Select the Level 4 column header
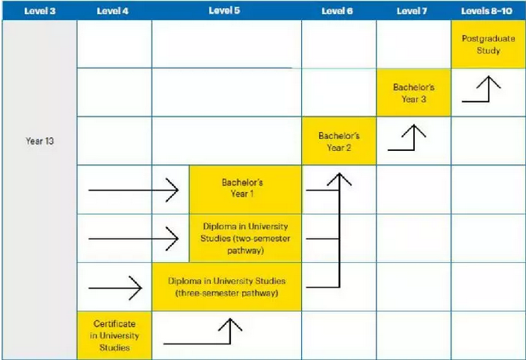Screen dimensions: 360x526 click(113, 11)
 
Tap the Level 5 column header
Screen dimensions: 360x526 click(226, 11)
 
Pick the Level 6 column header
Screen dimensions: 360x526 click(338, 11)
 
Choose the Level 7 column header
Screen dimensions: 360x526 click(413, 11)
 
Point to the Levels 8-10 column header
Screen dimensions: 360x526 click(488, 11)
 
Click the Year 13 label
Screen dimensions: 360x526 click(39, 142)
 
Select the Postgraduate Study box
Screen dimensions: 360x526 click(488, 44)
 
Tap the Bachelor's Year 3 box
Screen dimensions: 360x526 click(413, 93)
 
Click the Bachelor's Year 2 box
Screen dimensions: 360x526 click(338, 141)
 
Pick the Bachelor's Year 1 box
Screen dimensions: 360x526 click(244, 189)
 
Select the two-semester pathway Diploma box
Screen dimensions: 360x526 click(244, 237)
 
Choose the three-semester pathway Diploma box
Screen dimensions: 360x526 click(226, 286)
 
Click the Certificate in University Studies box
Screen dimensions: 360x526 click(114, 334)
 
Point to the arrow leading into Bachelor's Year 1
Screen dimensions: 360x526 click(133, 189)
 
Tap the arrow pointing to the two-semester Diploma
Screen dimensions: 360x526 click(133, 237)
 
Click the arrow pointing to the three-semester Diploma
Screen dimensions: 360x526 click(114, 287)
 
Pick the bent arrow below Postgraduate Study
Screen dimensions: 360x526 click(481, 90)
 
